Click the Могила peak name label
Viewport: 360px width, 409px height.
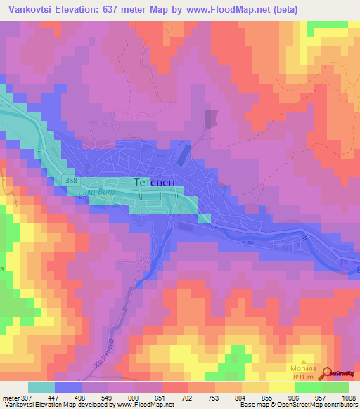click(304, 368)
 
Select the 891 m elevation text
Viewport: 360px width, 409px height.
click(304, 377)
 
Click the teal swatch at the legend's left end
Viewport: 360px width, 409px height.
click(41, 387)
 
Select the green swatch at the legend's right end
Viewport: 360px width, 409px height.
click(335, 387)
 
